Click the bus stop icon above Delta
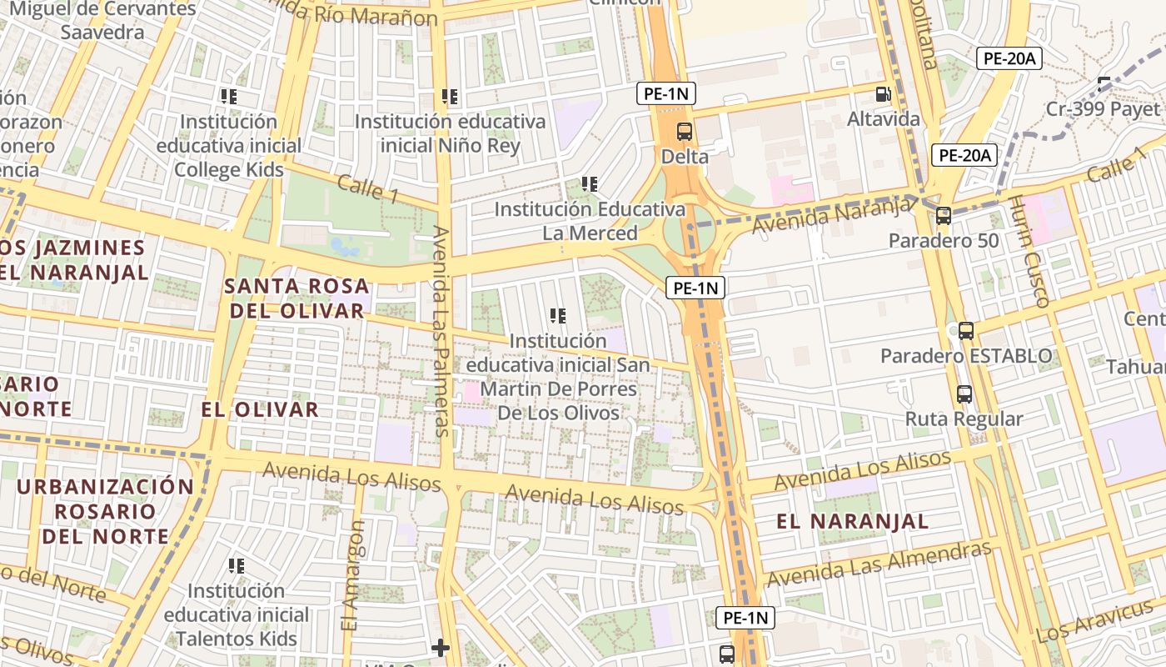tap(684, 131)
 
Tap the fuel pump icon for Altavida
tap(883, 95)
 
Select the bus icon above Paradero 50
tap(944, 216)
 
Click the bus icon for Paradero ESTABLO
tap(966, 331)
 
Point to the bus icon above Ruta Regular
tap(964, 394)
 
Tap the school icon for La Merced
tap(590, 184)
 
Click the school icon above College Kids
tap(229, 97)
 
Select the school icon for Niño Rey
tap(450, 97)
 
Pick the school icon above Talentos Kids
tap(237, 566)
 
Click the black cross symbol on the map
tap(441, 647)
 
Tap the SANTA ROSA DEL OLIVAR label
tap(295, 298)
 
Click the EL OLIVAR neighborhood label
tap(260, 409)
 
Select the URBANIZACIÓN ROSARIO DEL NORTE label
tap(105, 511)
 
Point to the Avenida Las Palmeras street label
tap(441, 331)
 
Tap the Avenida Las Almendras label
tap(879, 564)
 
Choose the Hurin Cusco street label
tap(1029, 251)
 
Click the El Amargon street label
tap(353, 575)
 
